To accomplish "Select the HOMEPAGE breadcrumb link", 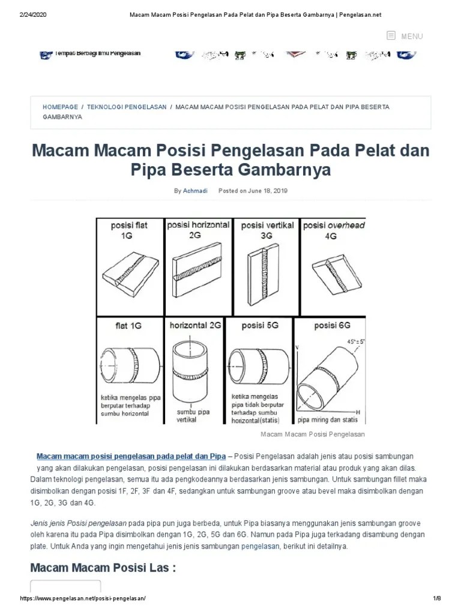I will tap(60, 107).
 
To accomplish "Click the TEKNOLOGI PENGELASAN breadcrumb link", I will tap(127, 107).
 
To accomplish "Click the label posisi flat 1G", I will tap(128, 231).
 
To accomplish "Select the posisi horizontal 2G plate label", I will tap(197, 230).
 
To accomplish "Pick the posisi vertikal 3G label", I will tap(267, 231).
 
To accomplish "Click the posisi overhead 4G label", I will tap(334, 231).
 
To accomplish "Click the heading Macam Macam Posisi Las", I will tap(103, 568).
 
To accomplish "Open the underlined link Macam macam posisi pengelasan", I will tap(131, 456).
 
